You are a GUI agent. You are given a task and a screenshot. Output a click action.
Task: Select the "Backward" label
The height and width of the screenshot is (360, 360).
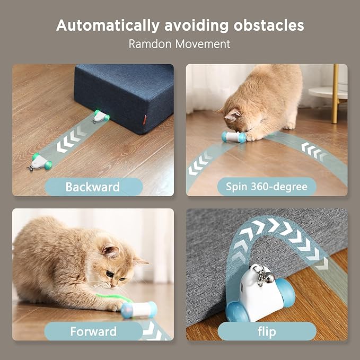pyautogui.click(x=93, y=187)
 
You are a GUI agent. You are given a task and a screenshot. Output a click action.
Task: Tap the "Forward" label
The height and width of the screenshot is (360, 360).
pyautogui.click(x=93, y=331)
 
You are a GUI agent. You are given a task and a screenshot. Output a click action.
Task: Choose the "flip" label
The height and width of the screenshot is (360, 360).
pyautogui.click(x=267, y=331)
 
